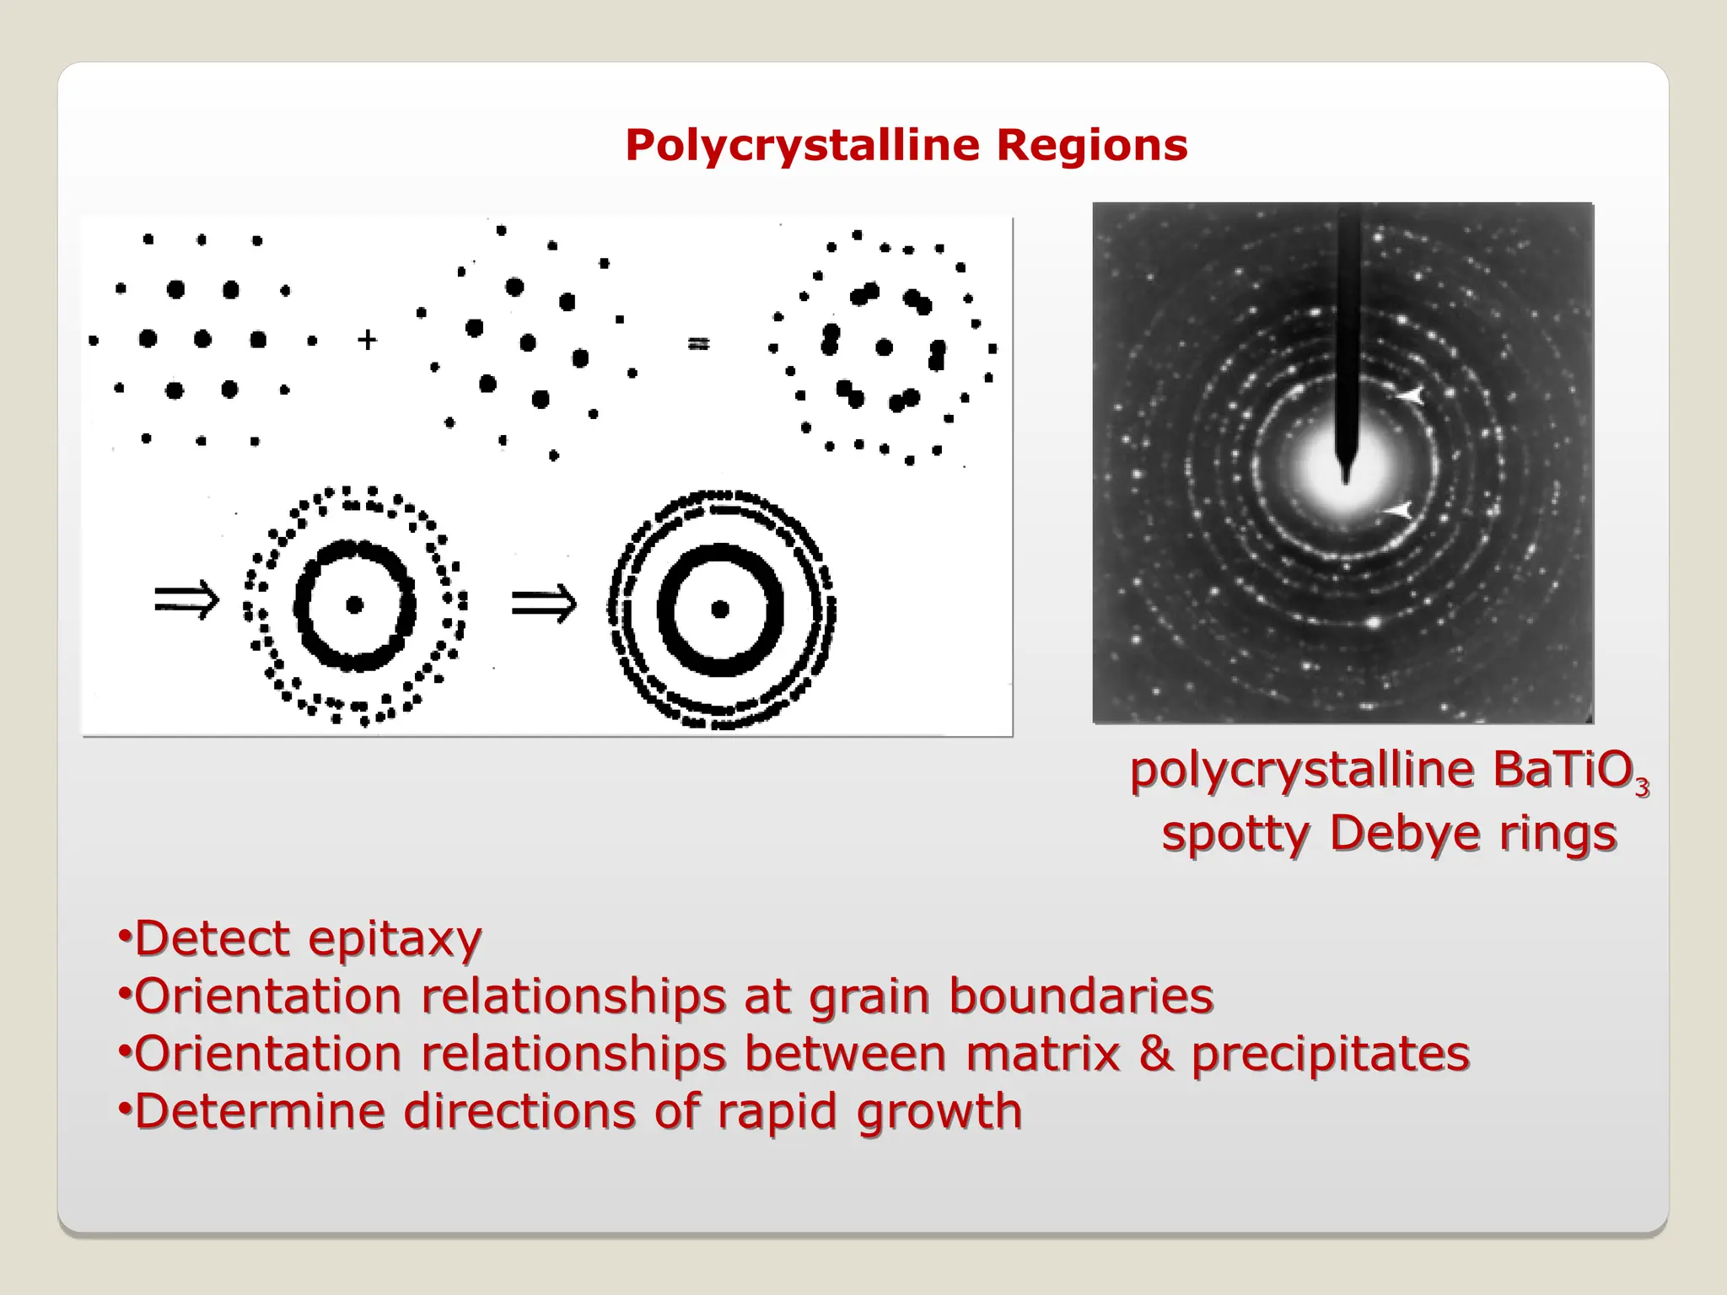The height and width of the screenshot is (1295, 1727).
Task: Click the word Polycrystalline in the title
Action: click(x=802, y=146)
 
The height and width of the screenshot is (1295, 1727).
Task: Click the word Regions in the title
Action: click(x=1092, y=146)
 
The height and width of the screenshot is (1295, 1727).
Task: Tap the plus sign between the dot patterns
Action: click(x=367, y=340)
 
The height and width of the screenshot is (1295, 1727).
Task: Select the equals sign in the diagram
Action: click(x=699, y=343)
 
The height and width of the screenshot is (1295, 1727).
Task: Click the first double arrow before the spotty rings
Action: click(x=186, y=600)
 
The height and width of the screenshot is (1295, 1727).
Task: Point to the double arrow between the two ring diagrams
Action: click(x=544, y=604)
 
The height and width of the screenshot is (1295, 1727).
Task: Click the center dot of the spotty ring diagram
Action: click(x=354, y=605)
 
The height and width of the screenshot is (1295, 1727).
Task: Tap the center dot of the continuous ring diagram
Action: click(x=720, y=609)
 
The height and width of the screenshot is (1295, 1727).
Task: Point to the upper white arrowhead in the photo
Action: click(x=1408, y=395)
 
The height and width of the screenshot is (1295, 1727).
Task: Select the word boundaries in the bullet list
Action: click(x=1081, y=997)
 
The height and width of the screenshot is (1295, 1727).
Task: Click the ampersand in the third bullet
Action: click(x=1155, y=1054)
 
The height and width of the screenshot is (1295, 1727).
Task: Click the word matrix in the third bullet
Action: click(x=1042, y=1054)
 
